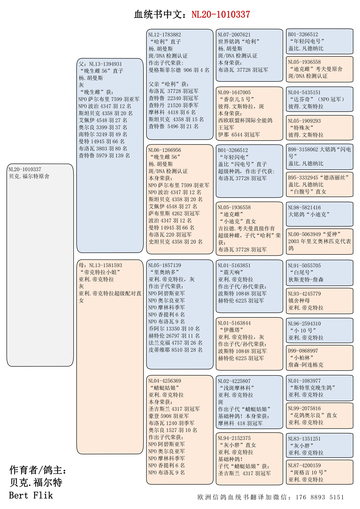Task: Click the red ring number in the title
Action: click(220, 14)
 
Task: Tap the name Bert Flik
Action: click(31, 495)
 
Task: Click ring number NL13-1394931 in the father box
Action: click(106, 64)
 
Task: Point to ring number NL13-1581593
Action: click(106, 265)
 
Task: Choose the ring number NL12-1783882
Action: click(165, 35)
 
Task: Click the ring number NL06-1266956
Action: click(165, 150)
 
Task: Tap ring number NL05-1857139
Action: click(165, 265)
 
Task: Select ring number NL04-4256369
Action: click(165, 381)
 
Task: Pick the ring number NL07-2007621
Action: click(234, 35)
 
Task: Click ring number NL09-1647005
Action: click(234, 93)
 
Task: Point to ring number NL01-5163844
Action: click(234, 323)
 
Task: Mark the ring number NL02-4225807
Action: click(234, 381)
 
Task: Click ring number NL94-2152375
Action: click(234, 438)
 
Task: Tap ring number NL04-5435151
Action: click(304, 93)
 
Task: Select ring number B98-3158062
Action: click(303, 150)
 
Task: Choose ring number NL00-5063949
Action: click(304, 234)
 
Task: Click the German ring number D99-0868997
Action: click(303, 351)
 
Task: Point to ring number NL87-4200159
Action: click(304, 466)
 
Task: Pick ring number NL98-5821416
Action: click(304, 208)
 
